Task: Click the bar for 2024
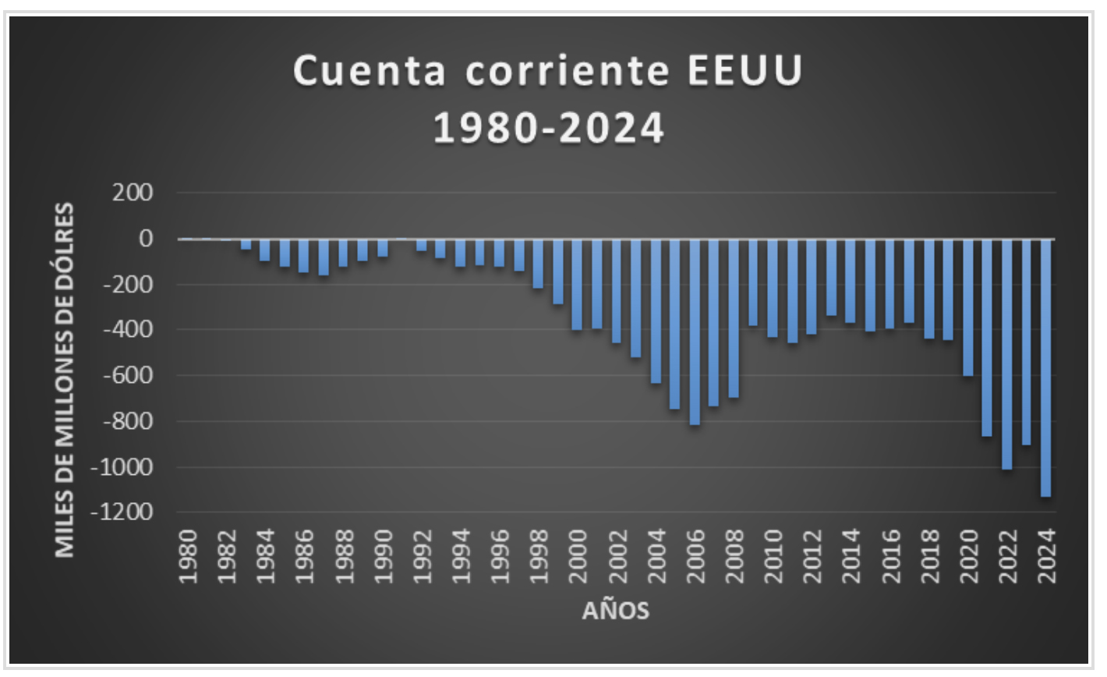pos(1046,367)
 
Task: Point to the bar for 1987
pos(324,257)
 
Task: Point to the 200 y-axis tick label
pos(133,193)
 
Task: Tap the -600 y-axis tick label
pos(128,375)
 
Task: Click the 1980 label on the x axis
pos(188,556)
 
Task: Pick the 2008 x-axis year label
pos(734,556)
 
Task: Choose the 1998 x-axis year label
pos(539,556)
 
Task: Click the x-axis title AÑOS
pos(615,611)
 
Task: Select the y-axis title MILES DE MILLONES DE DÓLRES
pos(65,380)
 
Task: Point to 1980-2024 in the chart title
pos(549,128)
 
